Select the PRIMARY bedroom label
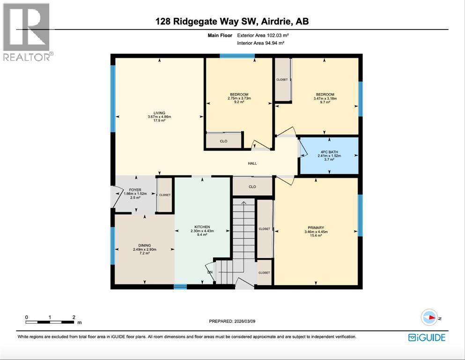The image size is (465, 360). [x=316, y=228]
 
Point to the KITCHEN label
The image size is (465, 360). [x=202, y=226]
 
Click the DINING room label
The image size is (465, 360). [x=144, y=245]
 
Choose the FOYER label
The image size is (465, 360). [x=135, y=190]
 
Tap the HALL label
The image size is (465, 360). [x=252, y=163]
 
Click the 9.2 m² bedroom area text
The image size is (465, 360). [x=239, y=103]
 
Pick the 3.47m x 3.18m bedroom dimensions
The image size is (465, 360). [x=325, y=98]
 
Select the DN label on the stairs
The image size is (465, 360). [x=210, y=271]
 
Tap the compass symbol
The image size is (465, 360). [x=429, y=318]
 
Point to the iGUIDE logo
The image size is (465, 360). [x=427, y=337]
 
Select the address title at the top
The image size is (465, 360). [x=233, y=22]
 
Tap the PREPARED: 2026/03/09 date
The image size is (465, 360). [x=233, y=321]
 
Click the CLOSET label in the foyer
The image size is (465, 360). [x=165, y=195]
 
